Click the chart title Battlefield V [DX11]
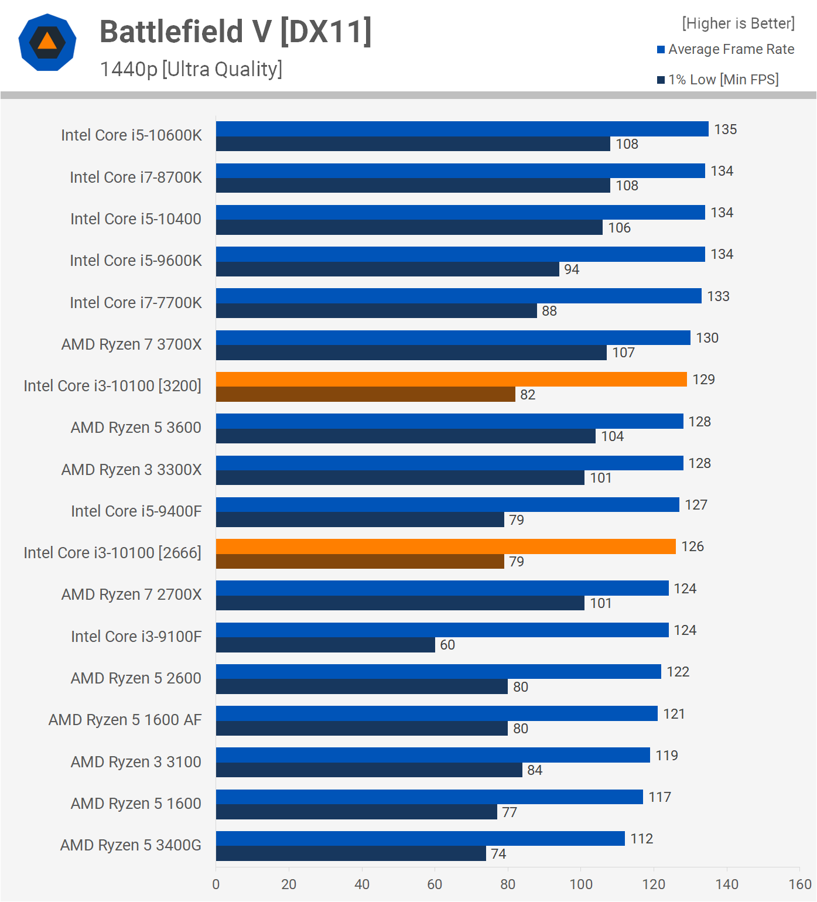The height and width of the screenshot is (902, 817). coord(235,32)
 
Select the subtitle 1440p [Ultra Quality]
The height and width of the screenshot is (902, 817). coord(191,69)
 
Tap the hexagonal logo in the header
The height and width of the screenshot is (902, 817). coord(47,42)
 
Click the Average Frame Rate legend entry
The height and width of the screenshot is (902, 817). coord(726,50)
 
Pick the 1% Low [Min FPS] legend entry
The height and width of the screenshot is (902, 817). coord(718,80)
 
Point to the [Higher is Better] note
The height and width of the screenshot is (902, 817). coord(738,23)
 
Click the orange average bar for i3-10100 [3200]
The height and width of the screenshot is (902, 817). coord(451,380)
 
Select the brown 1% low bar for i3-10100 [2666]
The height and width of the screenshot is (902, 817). coord(360,562)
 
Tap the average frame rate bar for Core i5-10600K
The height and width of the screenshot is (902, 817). coord(462,129)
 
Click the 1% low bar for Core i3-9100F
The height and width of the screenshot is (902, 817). coord(325,645)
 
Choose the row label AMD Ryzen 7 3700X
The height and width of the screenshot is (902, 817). coord(131,344)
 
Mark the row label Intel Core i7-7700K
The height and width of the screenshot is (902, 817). coord(135,303)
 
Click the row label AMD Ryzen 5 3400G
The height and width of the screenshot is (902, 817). coord(131,845)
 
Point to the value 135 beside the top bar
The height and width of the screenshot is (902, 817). coord(725,129)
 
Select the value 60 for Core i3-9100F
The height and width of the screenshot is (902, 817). coord(447,645)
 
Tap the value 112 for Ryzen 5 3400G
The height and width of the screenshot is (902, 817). coord(641,839)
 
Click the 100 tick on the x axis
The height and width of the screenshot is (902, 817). coord(581,884)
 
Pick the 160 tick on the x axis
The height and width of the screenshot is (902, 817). coord(799,884)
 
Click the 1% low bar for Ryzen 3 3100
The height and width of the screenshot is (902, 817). coord(369,770)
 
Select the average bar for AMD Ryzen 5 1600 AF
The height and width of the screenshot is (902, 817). coord(436,713)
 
